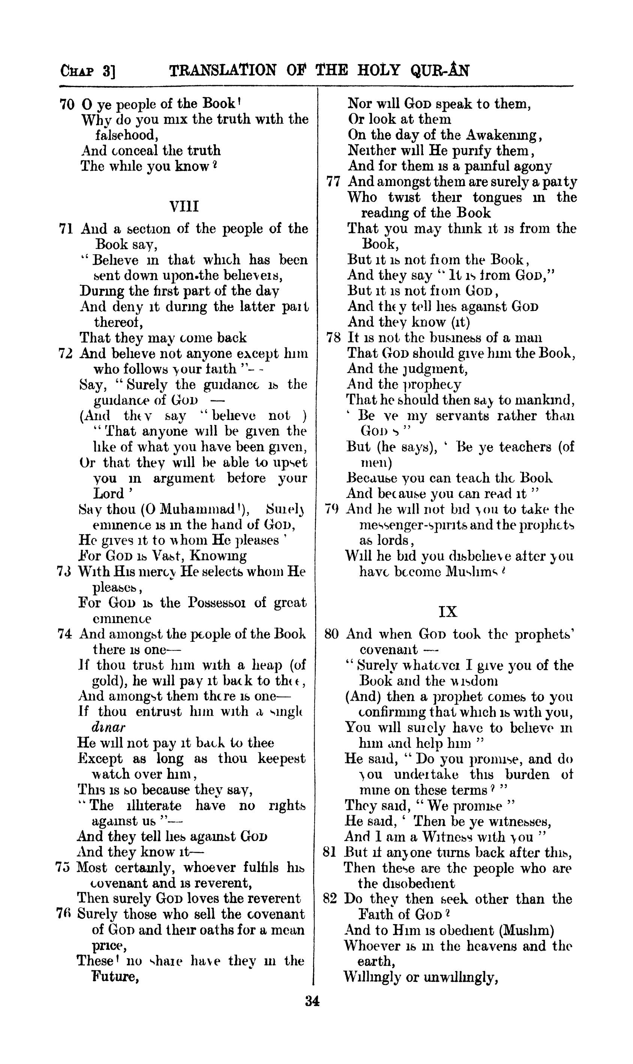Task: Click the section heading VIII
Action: [x=184, y=207]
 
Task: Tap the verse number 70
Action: [x=67, y=104]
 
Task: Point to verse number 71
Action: [x=66, y=229]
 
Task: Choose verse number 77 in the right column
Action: [x=333, y=182]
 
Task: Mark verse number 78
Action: [x=333, y=338]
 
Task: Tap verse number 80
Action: [x=331, y=634]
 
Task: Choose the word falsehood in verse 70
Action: [x=127, y=136]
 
